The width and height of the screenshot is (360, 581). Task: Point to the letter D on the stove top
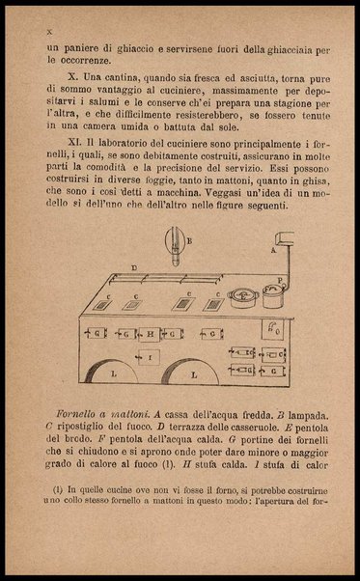[134, 266]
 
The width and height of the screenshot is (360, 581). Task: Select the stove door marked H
[150, 334]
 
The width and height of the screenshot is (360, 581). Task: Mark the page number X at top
[48, 32]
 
